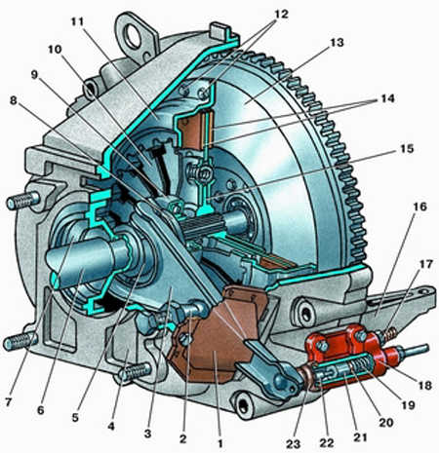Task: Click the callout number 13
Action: click(x=337, y=43)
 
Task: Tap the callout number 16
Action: click(x=419, y=207)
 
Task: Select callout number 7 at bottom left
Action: click(x=9, y=402)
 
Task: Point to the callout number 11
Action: click(x=77, y=21)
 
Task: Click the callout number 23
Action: click(x=293, y=443)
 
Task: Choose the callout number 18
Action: click(x=423, y=385)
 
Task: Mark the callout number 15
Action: click(x=406, y=149)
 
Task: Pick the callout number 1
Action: click(x=220, y=443)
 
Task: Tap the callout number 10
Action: click(x=55, y=50)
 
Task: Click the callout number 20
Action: click(x=386, y=422)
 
